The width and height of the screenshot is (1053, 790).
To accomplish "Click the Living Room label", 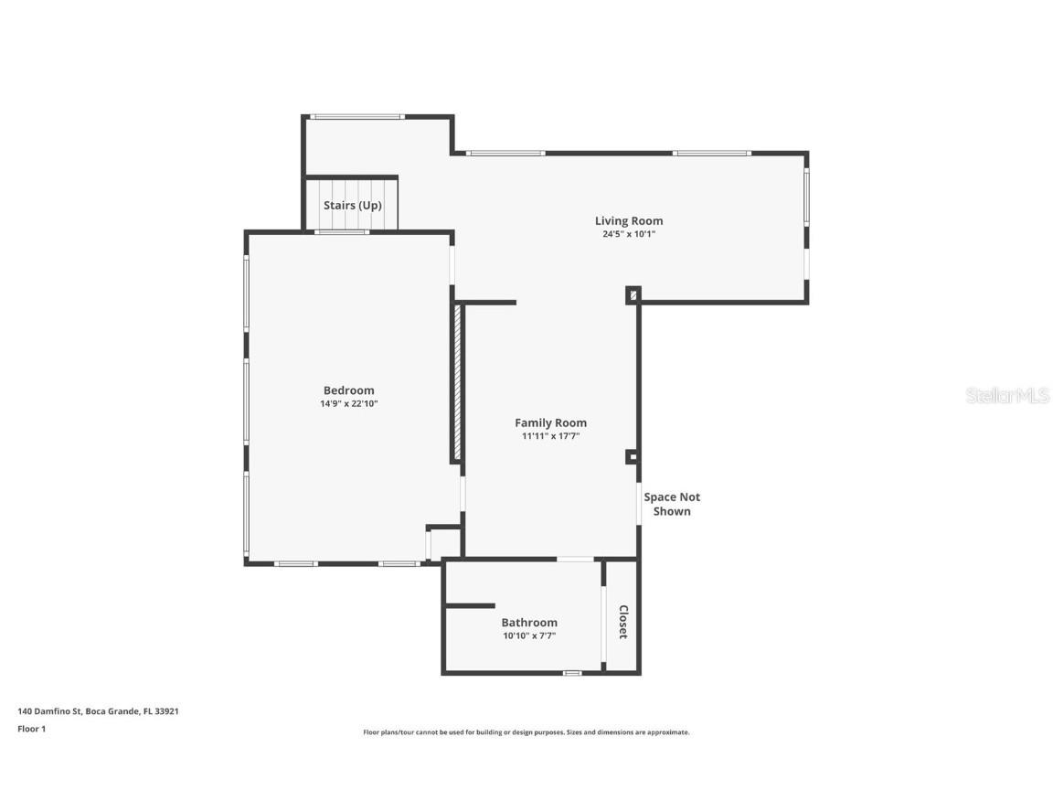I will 629,220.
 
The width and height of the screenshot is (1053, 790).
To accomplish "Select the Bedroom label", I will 348,390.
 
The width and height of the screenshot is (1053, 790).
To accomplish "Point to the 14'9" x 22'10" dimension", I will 348,403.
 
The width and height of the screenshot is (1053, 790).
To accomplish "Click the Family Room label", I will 550,422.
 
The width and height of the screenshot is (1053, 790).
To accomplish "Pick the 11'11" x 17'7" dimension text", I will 550,436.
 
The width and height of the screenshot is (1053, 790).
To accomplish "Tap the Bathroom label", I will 528,623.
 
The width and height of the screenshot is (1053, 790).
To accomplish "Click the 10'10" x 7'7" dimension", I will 528,635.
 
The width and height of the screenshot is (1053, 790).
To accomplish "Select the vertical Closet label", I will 623,622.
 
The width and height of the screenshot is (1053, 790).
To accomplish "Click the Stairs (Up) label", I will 352,206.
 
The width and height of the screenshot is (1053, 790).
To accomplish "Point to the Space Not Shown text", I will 672,504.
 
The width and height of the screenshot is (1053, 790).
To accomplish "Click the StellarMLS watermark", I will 1008,395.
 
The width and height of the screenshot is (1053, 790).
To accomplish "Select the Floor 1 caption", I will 31,729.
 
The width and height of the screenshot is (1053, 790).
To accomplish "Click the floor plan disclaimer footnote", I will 526,732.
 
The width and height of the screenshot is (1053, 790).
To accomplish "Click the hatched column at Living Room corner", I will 633,295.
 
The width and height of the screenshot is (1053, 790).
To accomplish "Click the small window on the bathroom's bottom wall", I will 572,673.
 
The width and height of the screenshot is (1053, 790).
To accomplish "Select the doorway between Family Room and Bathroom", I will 574,559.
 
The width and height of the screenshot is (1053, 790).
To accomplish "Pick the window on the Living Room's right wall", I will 806,197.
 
